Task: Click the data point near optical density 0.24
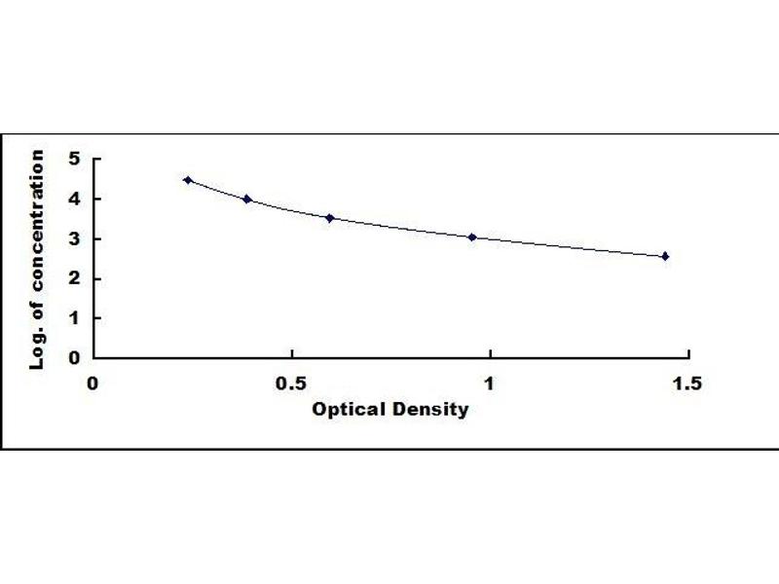pyautogui.click(x=188, y=180)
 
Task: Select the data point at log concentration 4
pyautogui.click(x=247, y=200)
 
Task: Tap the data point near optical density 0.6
pyautogui.click(x=330, y=218)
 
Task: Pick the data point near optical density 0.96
pyautogui.click(x=472, y=237)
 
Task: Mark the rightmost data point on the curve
pyautogui.click(x=665, y=256)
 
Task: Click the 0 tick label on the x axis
pyautogui.click(x=93, y=383)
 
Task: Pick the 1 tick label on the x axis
pyautogui.click(x=489, y=383)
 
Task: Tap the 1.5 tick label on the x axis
pyautogui.click(x=686, y=383)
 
